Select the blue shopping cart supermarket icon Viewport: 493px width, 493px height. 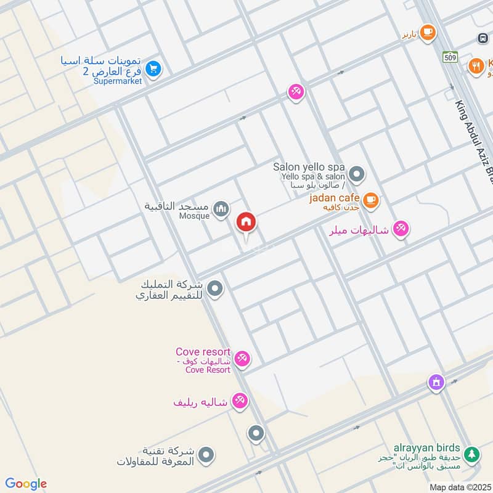click(x=154, y=69)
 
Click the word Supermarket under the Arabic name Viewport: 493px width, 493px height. click(x=117, y=81)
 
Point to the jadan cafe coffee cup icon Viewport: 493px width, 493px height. click(x=370, y=199)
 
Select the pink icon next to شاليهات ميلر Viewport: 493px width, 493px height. click(x=401, y=229)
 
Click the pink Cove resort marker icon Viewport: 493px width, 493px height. click(x=242, y=359)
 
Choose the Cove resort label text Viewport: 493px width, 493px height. click(x=203, y=351)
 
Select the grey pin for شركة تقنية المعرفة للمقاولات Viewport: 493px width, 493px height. click(x=206, y=455)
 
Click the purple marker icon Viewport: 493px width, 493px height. click(x=436, y=383)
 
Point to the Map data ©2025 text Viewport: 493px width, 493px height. click(x=460, y=487)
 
